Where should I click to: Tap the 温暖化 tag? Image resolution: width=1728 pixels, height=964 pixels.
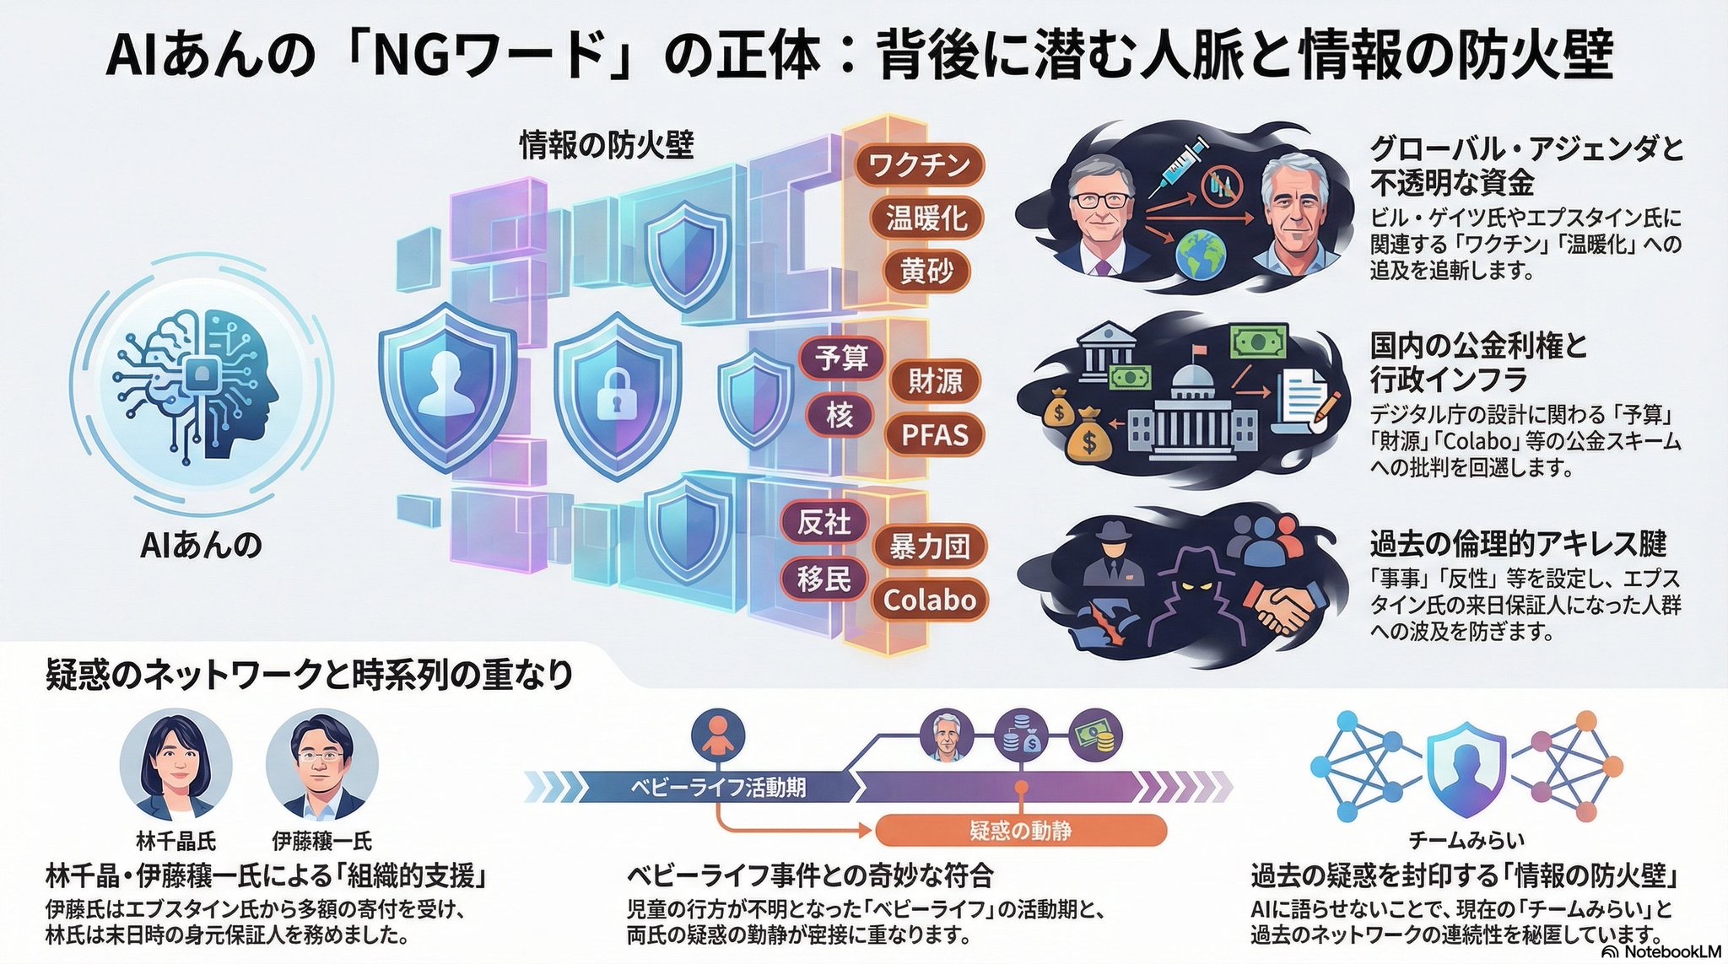(x=926, y=218)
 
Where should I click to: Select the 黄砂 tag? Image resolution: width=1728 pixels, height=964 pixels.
(x=926, y=272)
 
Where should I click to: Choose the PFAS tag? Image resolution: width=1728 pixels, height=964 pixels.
(x=935, y=435)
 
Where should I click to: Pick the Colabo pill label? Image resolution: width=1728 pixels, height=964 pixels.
(x=929, y=600)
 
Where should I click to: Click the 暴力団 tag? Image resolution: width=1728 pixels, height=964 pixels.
(x=929, y=547)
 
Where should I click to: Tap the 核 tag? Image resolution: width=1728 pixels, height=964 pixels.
(x=840, y=416)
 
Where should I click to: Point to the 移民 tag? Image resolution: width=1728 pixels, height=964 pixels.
(x=824, y=579)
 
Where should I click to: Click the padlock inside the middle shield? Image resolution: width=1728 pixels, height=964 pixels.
(x=618, y=394)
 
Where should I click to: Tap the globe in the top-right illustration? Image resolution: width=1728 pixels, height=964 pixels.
(x=1202, y=254)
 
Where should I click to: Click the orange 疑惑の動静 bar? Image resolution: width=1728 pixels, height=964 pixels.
(x=1021, y=832)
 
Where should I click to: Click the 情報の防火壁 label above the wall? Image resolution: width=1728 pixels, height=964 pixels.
(x=606, y=146)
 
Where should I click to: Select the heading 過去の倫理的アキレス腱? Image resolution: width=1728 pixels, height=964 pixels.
(x=1517, y=544)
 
